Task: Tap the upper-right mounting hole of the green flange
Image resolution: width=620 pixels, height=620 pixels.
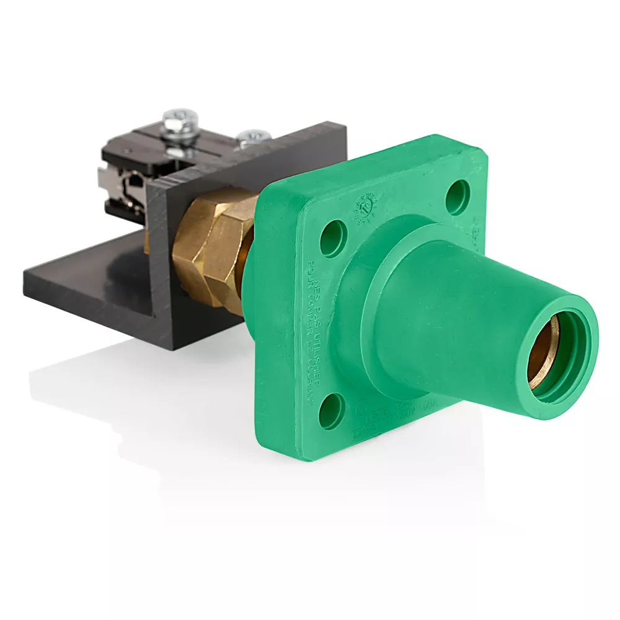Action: (458, 197)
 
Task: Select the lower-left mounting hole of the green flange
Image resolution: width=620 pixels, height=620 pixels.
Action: (332, 410)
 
